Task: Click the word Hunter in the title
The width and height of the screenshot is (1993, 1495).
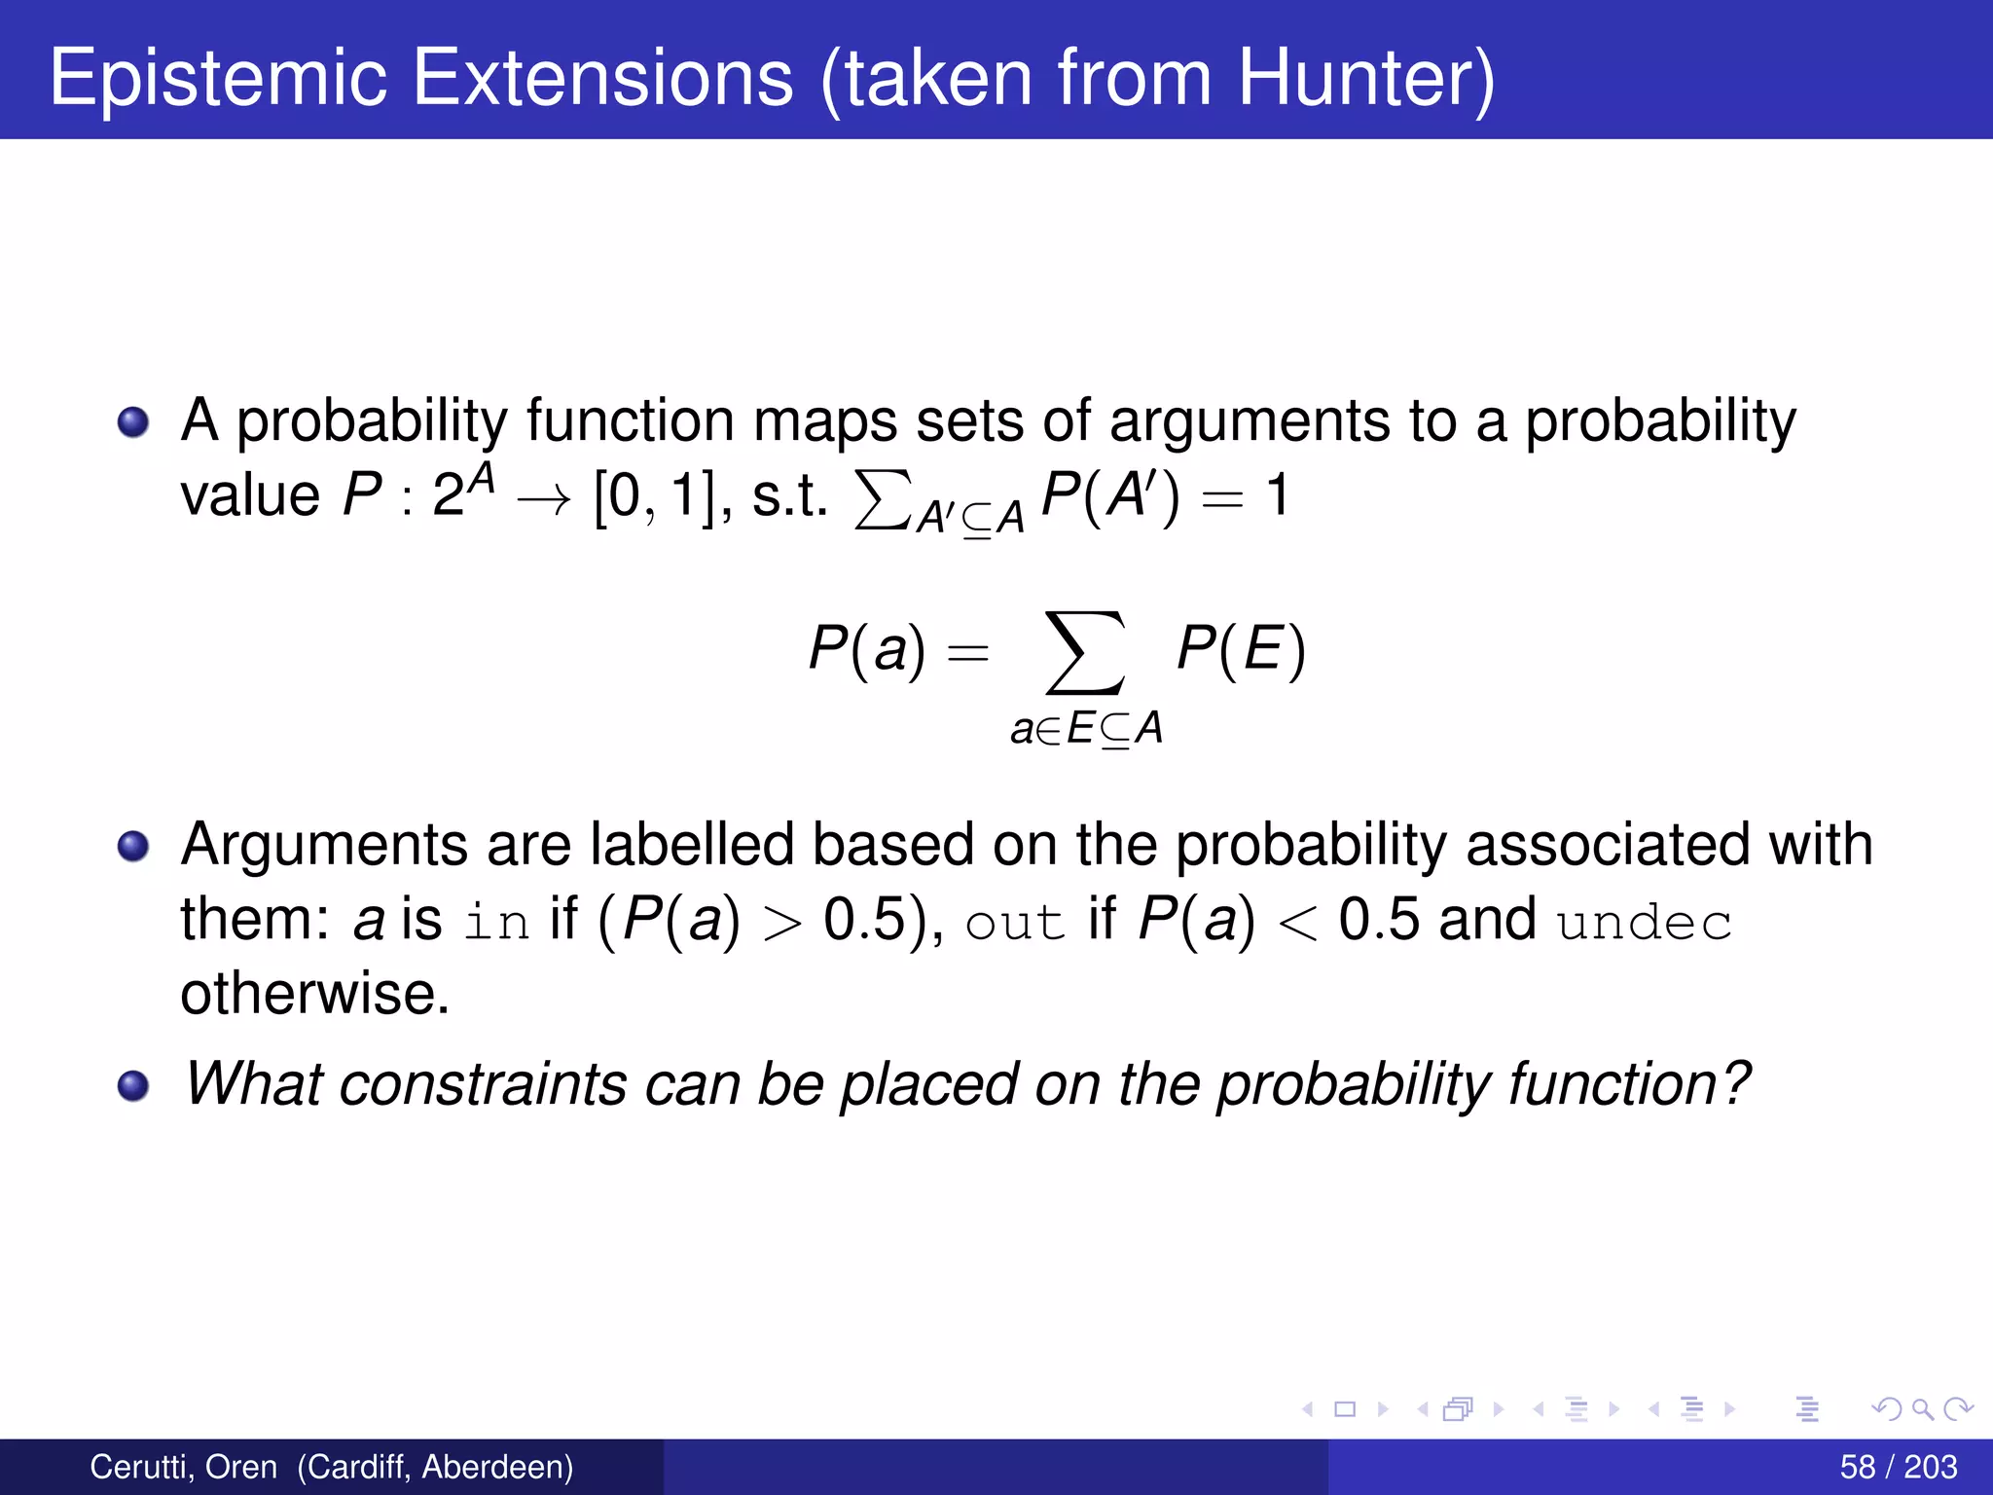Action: [x=1356, y=78]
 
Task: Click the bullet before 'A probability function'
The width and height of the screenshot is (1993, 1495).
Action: [x=133, y=422]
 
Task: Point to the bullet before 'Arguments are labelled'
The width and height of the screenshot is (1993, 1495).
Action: [x=133, y=845]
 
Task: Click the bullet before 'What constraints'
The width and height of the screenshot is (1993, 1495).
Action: [x=133, y=1084]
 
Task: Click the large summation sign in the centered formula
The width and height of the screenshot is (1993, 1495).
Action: [x=1085, y=652]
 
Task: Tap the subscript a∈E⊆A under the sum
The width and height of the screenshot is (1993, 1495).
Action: [x=1086, y=728]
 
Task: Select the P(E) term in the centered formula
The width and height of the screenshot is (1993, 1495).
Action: [x=1240, y=649]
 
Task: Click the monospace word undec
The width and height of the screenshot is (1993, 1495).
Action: [x=1644, y=921]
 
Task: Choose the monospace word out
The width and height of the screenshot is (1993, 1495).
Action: [x=1015, y=921]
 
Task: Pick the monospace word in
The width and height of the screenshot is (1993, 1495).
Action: [x=495, y=921]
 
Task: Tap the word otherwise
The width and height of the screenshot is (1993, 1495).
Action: [x=314, y=994]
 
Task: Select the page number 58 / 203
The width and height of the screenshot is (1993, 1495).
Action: [x=1898, y=1467]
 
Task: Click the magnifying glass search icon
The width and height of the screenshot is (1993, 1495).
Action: [x=1922, y=1408]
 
